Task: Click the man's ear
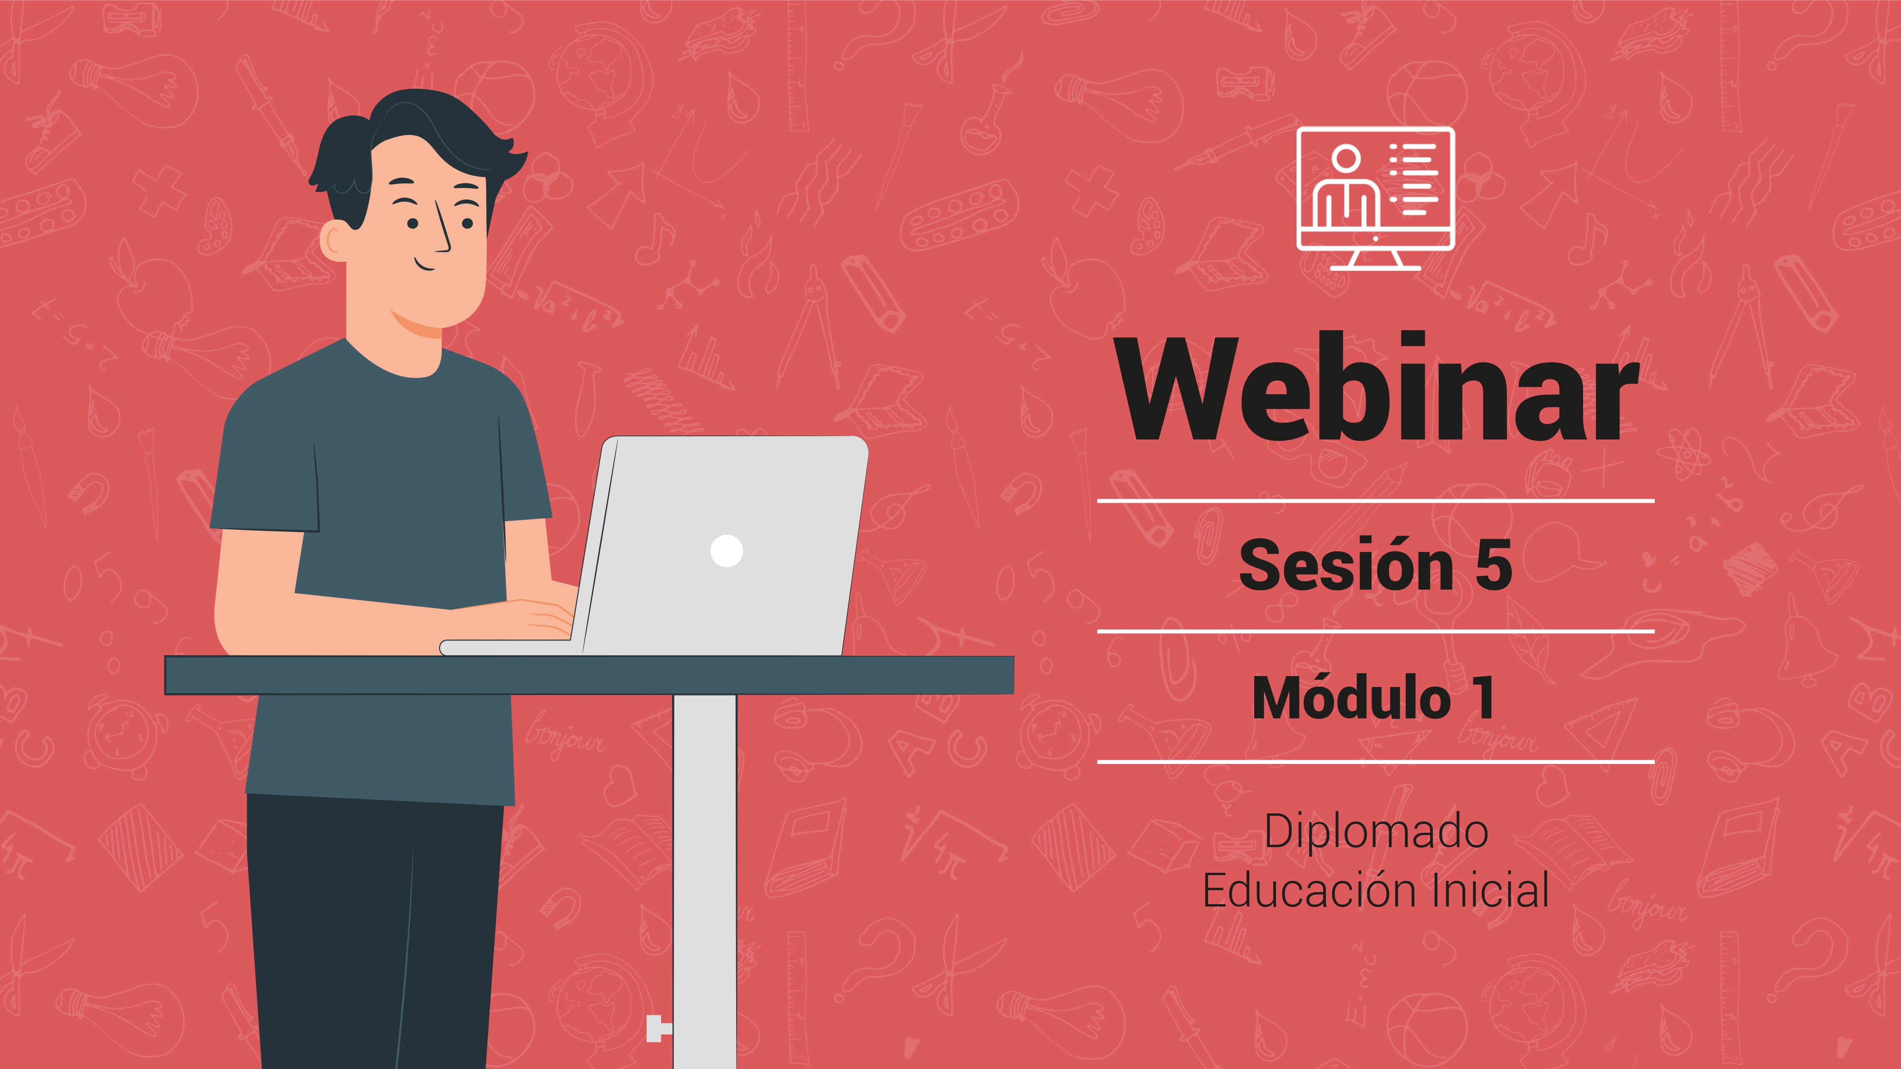pyautogui.click(x=334, y=240)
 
